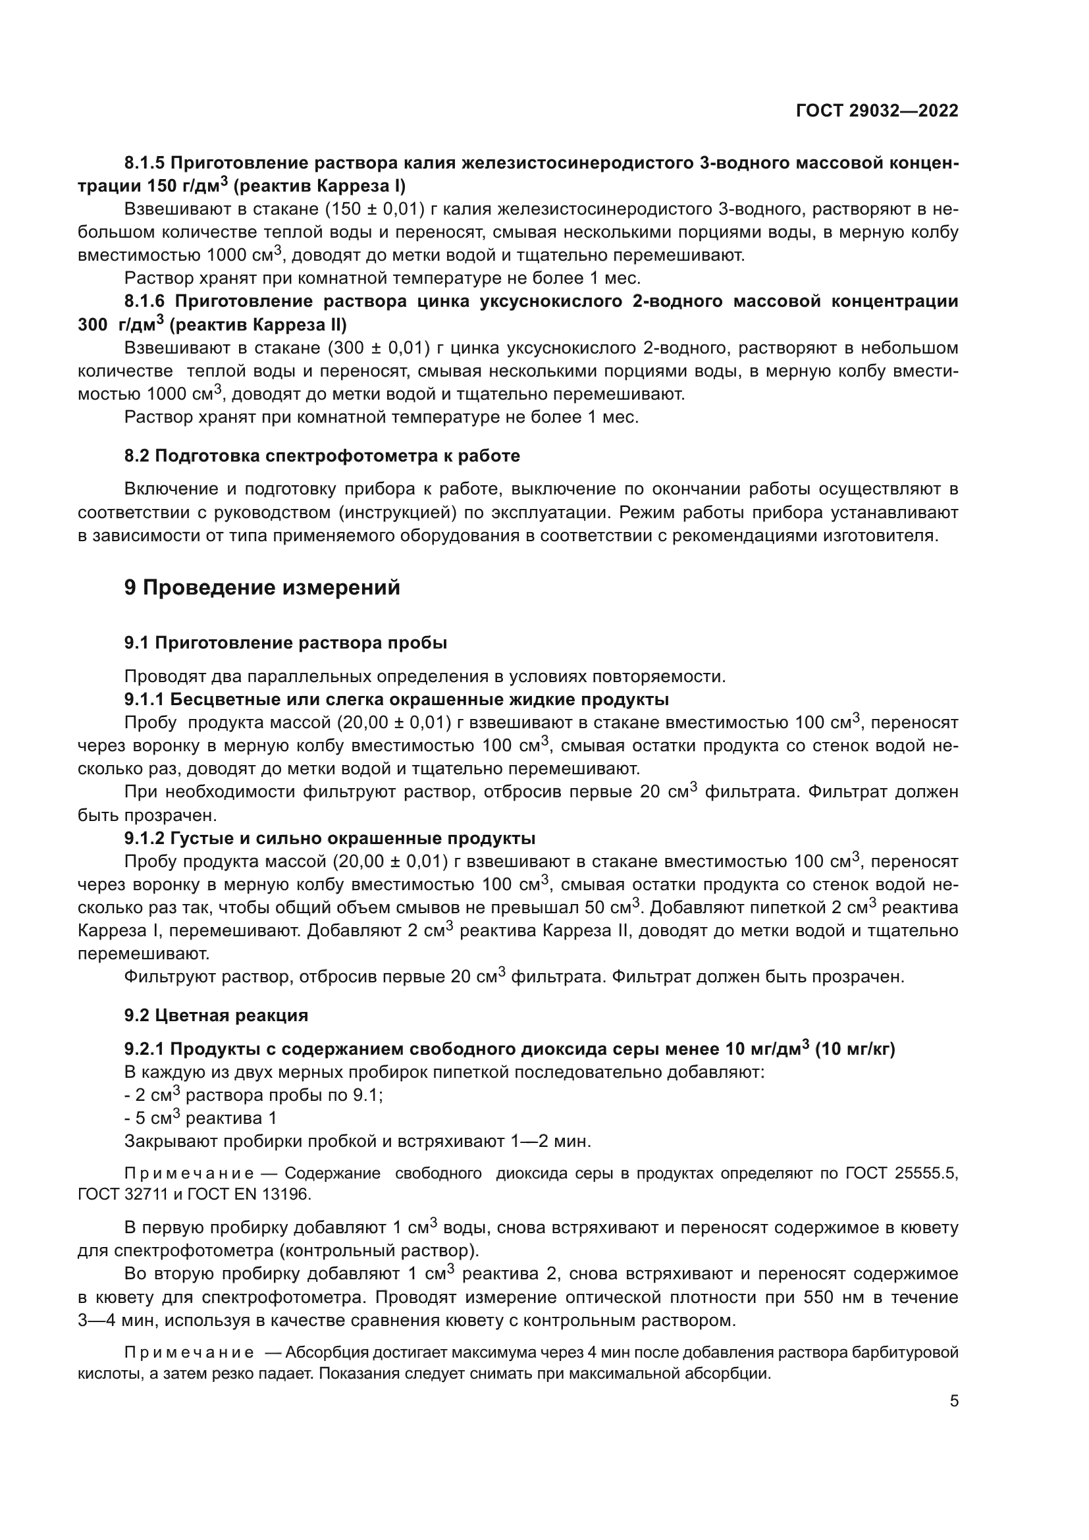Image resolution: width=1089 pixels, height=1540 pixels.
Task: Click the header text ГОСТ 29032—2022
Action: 876,111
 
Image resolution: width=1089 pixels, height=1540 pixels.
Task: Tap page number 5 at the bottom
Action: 954,1401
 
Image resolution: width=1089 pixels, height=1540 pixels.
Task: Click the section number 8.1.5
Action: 144,163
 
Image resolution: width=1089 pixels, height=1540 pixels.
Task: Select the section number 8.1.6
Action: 144,302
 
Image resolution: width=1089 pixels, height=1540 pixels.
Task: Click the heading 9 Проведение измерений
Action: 261,587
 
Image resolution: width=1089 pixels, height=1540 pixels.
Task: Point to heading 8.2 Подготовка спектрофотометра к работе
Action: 322,456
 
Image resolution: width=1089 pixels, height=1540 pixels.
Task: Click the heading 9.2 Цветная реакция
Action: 216,1015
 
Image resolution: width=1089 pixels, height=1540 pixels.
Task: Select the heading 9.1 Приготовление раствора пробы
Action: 286,643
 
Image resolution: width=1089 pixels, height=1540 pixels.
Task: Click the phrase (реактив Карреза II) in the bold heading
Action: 258,325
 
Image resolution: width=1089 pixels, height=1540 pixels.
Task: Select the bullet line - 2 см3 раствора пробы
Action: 253,1096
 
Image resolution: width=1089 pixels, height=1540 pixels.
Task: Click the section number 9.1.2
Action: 144,838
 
